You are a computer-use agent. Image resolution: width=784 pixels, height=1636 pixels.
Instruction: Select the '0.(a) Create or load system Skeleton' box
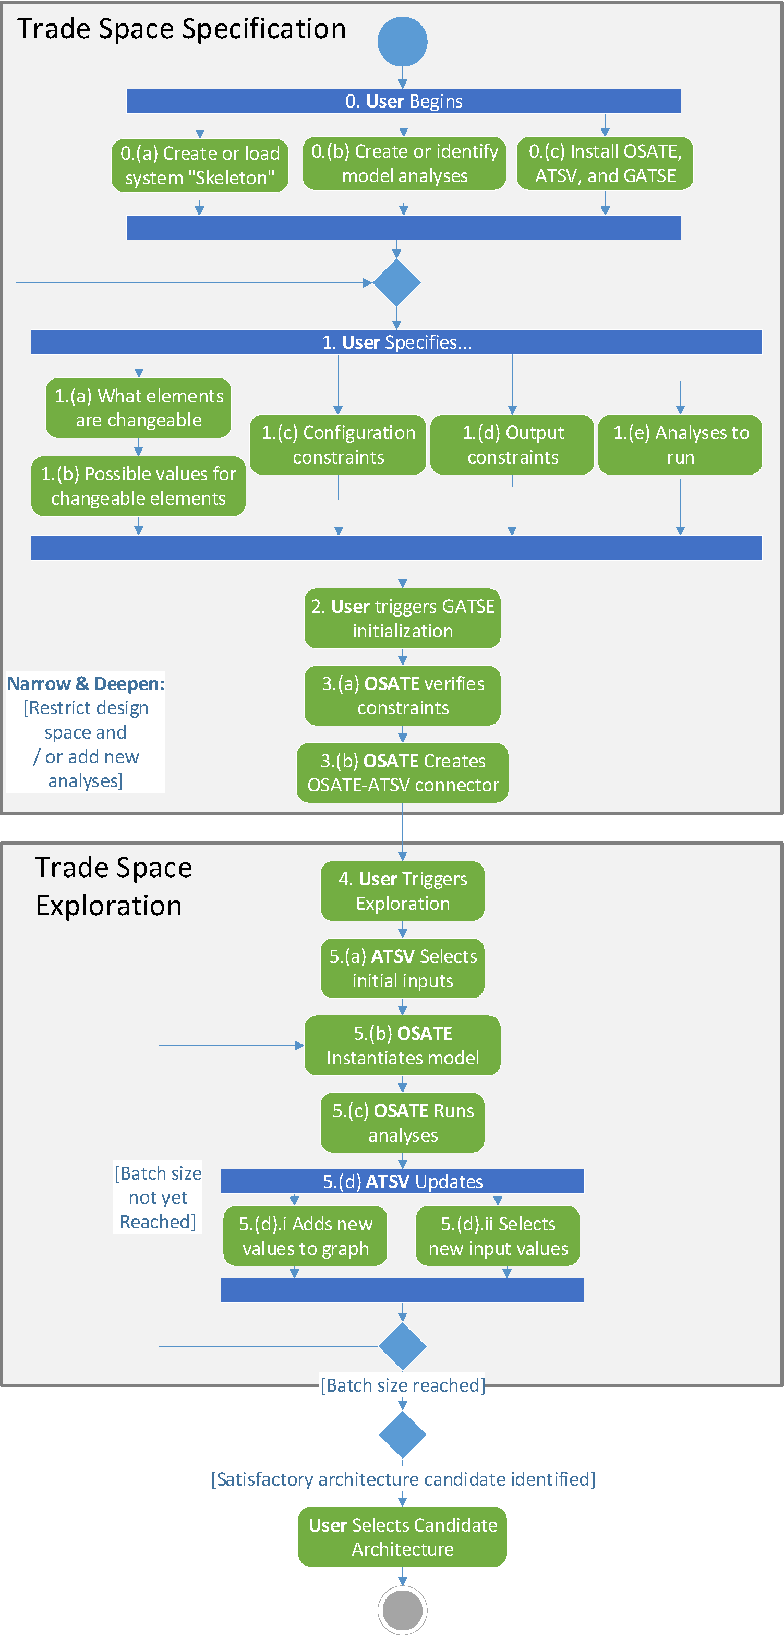tap(200, 165)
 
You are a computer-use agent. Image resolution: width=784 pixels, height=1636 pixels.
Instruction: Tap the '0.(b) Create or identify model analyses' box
tap(404, 163)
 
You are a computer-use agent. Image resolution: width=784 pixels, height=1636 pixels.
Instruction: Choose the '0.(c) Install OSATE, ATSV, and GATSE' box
tap(605, 163)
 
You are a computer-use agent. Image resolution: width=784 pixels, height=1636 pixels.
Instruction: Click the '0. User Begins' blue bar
tap(403, 101)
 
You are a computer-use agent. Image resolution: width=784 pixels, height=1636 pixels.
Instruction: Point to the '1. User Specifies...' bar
tap(396, 342)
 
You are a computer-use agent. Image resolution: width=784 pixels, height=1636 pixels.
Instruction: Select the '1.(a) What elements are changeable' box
tap(138, 408)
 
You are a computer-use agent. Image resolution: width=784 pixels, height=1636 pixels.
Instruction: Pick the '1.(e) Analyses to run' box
tap(680, 445)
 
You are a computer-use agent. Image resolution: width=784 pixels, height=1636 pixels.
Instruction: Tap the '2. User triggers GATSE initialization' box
tap(403, 618)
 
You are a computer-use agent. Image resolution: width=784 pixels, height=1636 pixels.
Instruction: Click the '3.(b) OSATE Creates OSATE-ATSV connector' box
tap(403, 772)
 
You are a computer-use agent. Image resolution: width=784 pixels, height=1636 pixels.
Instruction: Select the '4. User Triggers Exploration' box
tap(403, 891)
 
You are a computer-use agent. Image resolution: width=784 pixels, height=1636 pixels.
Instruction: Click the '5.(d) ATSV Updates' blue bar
tap(403, 1181)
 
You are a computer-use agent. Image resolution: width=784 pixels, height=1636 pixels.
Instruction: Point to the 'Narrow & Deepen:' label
tap(86, 683)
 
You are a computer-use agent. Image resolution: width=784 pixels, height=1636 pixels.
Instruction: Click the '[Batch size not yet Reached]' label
tap(158, 1197)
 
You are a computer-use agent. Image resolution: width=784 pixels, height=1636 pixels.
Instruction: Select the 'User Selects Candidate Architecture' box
tap(403, 1536)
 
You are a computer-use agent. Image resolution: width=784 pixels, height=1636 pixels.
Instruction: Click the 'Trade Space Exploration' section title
tap(113, 886)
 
